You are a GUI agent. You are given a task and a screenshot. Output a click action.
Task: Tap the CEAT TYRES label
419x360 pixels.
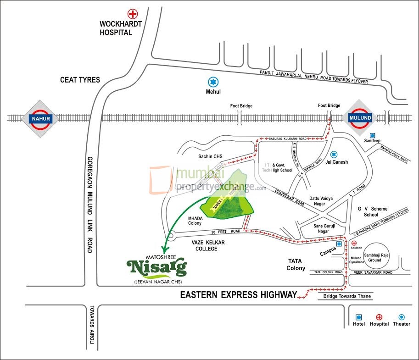[x=80, y=80]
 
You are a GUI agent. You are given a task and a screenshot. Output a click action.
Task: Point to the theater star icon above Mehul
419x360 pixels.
[x=212, y=82]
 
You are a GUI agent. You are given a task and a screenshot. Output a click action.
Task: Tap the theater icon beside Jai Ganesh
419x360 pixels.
[x=334, y=154]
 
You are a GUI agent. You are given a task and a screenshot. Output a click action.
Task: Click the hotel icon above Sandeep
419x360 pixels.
[x=372, y=136]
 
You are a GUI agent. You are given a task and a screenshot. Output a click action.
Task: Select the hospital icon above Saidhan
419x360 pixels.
[x=353, y=243]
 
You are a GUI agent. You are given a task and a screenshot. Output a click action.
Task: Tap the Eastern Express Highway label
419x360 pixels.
[x=238, y=295]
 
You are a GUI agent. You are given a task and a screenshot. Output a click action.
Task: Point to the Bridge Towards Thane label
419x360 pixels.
[x=345, y=296]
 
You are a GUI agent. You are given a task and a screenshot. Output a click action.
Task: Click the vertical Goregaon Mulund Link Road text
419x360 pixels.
[x=90, y=204]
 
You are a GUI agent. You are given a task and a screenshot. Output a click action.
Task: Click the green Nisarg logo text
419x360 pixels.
[x=157, y=266]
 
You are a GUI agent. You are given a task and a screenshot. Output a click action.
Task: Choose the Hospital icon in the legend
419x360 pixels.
[x=379, y=317]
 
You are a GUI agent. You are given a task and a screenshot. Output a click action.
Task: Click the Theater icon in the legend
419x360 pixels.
[x=402, y=317]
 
